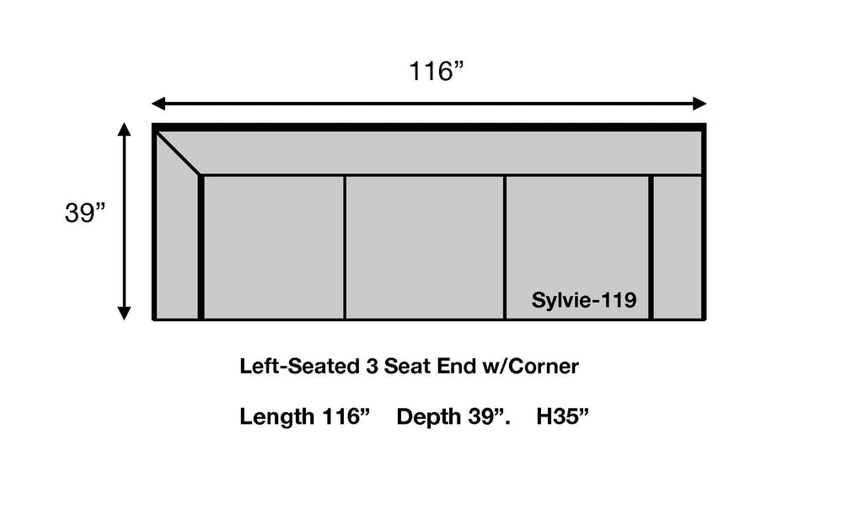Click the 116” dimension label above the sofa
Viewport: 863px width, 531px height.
pos(436,71)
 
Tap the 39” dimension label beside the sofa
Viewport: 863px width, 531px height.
pos(85,212)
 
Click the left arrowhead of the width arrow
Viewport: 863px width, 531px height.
pos(158,104)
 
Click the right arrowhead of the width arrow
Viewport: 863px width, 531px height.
pos(700,104)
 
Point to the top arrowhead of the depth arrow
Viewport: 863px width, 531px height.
pos(125,129)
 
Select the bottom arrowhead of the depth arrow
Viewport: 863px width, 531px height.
pos(125,313)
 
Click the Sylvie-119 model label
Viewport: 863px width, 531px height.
pos(584,300)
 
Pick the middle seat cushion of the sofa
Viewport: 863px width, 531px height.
pos(425,247)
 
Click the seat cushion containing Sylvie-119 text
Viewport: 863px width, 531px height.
pos(576,247)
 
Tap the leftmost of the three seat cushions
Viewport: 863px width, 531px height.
pos(274,247)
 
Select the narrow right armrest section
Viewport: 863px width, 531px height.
pos(678,247)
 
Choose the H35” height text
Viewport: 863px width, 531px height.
pos(562,416)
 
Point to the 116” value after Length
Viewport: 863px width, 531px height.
pos(346,416)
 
